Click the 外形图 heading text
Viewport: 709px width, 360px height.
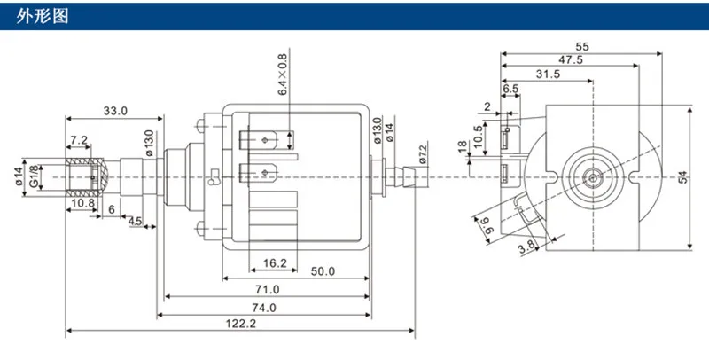42,16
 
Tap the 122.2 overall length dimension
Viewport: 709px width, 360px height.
240,324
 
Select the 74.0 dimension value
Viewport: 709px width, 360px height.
264,308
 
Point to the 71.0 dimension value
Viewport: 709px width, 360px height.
268,289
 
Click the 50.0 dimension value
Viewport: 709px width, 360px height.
323,271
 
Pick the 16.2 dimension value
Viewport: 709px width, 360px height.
275,263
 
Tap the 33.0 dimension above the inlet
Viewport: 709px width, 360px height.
115,111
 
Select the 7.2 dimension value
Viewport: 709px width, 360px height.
79,140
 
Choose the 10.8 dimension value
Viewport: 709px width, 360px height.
83,203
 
